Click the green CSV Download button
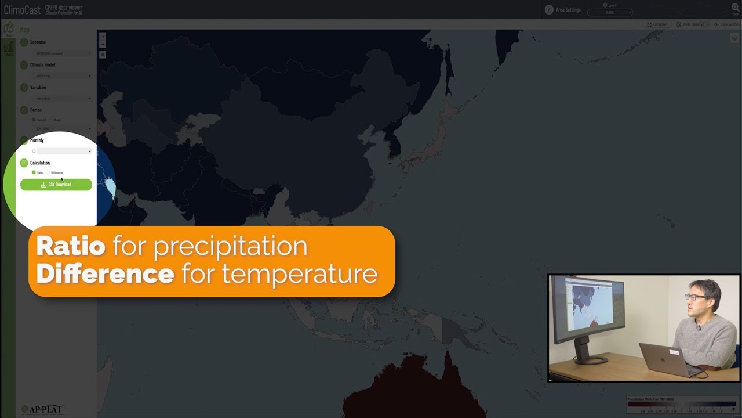click(x=56, y=185)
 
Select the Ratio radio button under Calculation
click(x=34, y=172)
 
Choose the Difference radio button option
click(x=48, y=172)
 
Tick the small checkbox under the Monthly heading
click(x=34, y=151)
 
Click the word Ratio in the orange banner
click(x=71, y=247)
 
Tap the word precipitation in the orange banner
click(x=230, y=247)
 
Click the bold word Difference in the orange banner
click(x=105, y=273)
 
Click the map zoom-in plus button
click(x=103, y=37)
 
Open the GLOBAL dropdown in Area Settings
click(x=610, y=12)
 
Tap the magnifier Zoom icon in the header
click(x=735, y=8)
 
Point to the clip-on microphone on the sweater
click(x=699, y=328)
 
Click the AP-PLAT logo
click(x=42, y=409)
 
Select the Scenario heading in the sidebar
click(x=38, y=42)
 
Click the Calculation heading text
click(x=40, y=163)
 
